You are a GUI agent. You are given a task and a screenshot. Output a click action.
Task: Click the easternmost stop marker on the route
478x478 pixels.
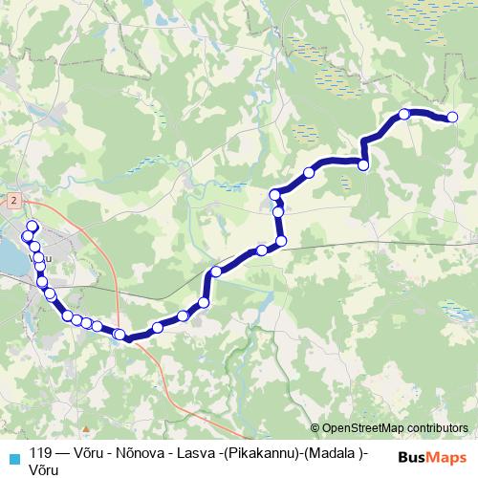[x=452, y=118]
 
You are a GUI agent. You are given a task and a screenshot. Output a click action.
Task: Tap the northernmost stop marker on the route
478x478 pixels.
[x=404, y=114]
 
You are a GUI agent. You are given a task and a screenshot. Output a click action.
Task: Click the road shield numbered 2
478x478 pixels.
[x=14, y=202]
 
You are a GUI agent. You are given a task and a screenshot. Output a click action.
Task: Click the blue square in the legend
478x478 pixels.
[x=12, y=457]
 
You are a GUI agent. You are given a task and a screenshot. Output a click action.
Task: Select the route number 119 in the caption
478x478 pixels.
[x=41, y=453]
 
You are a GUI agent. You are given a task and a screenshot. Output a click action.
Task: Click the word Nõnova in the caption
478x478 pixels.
[x=135, y=453]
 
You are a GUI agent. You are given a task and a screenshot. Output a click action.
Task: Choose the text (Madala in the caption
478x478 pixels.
[x=334, y=453]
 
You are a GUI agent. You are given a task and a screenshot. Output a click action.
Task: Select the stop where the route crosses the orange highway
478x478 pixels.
[x=119, y=334]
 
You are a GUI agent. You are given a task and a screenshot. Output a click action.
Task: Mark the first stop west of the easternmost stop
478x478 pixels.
[x=404, y=114]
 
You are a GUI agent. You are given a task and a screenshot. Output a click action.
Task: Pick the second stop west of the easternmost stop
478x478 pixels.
[x=363, y=165]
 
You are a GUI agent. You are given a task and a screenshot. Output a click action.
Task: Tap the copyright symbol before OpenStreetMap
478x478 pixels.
[x=315, y=428]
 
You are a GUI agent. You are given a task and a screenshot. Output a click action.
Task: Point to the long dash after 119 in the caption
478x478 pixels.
[x=64, y=453]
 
